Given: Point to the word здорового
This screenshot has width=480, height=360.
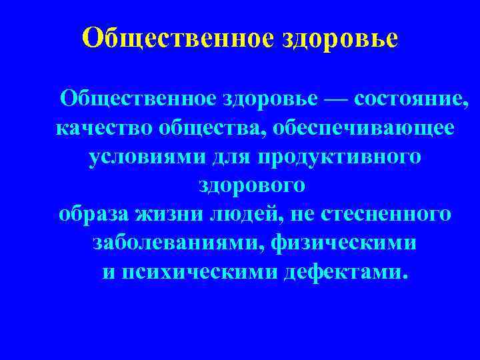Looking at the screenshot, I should coord(253,186).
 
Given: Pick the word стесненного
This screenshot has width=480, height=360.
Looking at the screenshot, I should coord(386,215).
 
